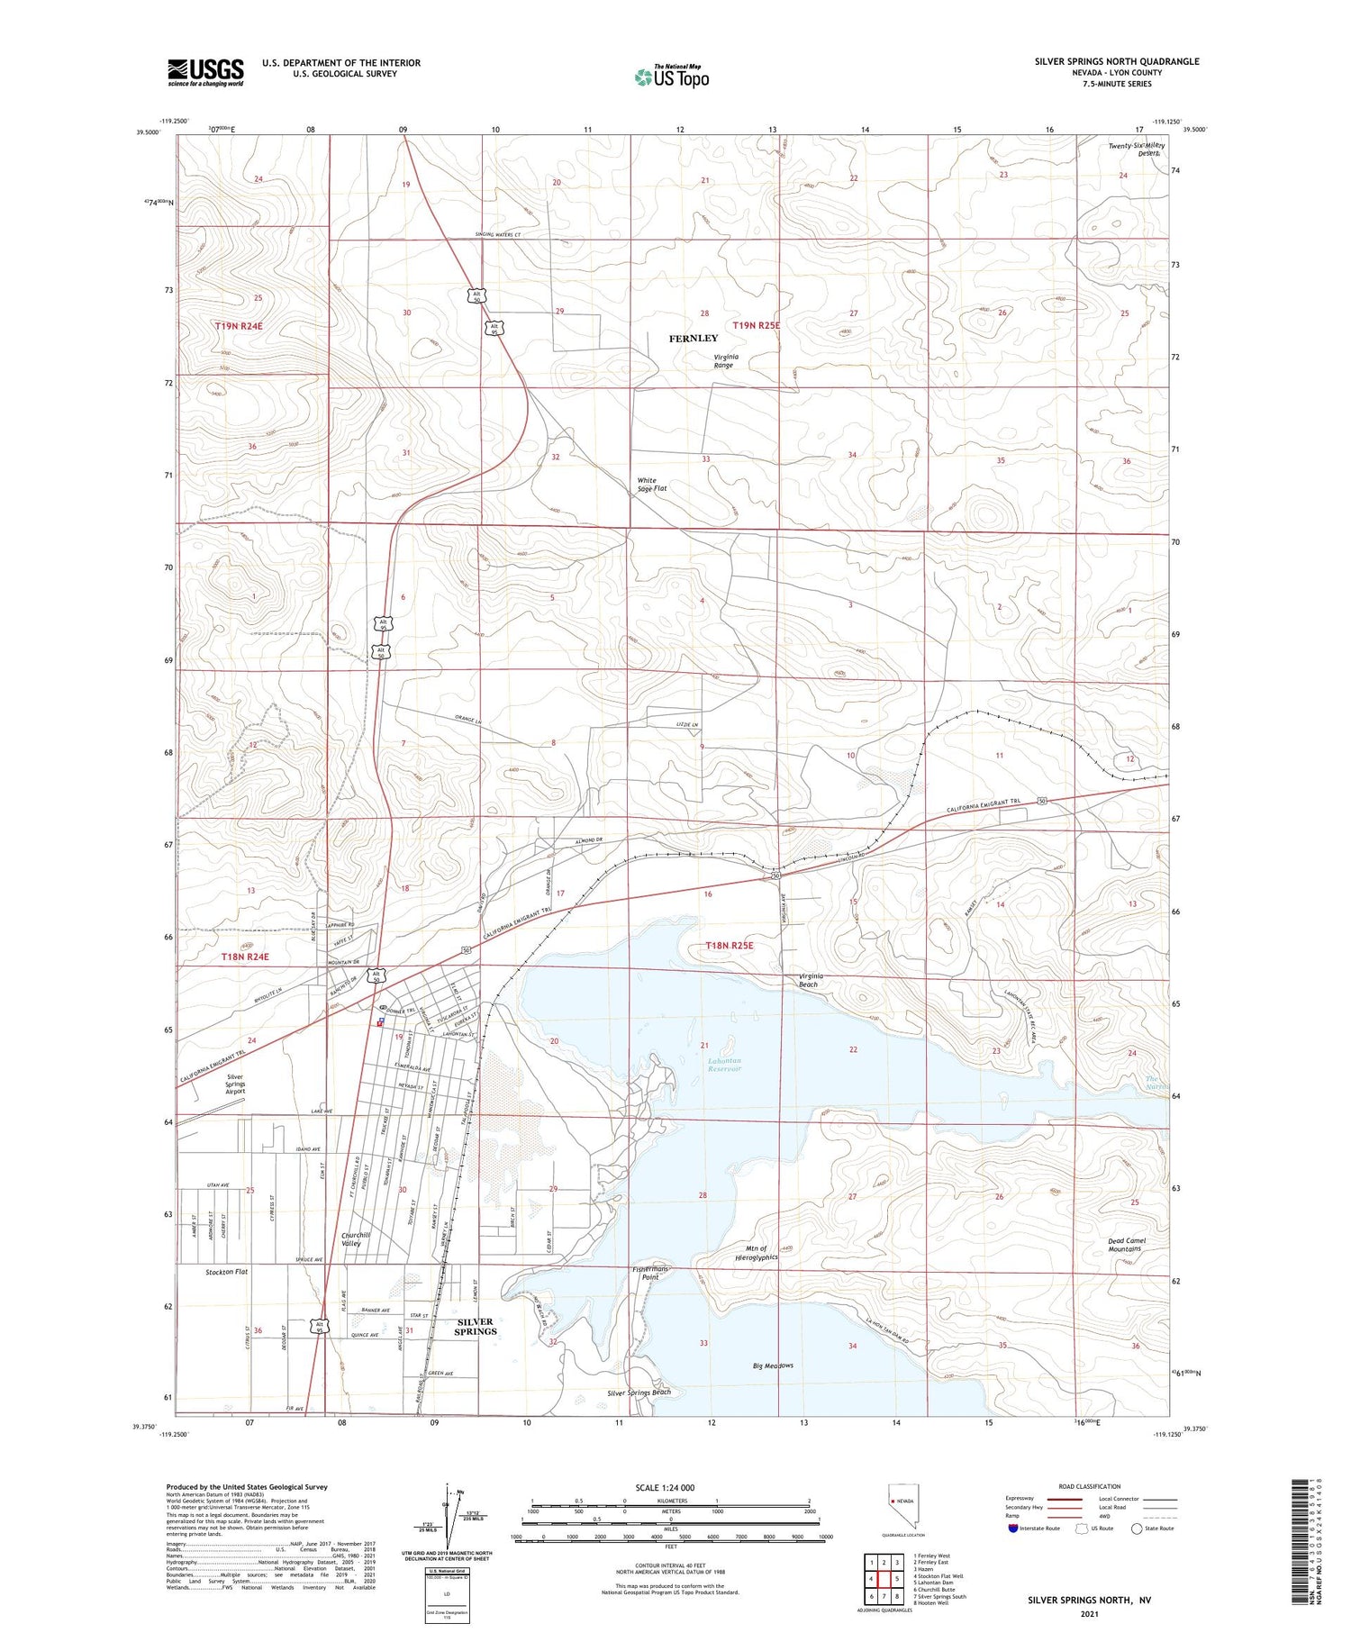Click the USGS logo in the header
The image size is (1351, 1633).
(205, 72)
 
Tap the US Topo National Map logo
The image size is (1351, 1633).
(672, 77)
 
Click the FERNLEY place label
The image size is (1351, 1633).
(694, 339)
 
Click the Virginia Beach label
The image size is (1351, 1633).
(809, 980)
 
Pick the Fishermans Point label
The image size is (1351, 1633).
(650, 1273)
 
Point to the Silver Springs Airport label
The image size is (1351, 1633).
(235, 1084)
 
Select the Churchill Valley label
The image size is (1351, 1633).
(350, 1238)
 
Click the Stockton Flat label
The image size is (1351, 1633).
(226, 1272)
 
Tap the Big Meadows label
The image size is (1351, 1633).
(773, 1365)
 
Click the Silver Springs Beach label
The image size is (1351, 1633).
(639, 1393)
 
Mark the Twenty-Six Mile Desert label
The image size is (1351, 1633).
(1137, 149)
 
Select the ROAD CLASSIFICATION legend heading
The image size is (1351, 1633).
(1090, 1486)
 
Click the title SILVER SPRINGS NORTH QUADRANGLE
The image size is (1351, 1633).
(1117, 61)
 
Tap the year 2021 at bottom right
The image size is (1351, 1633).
(1089, 1613)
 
